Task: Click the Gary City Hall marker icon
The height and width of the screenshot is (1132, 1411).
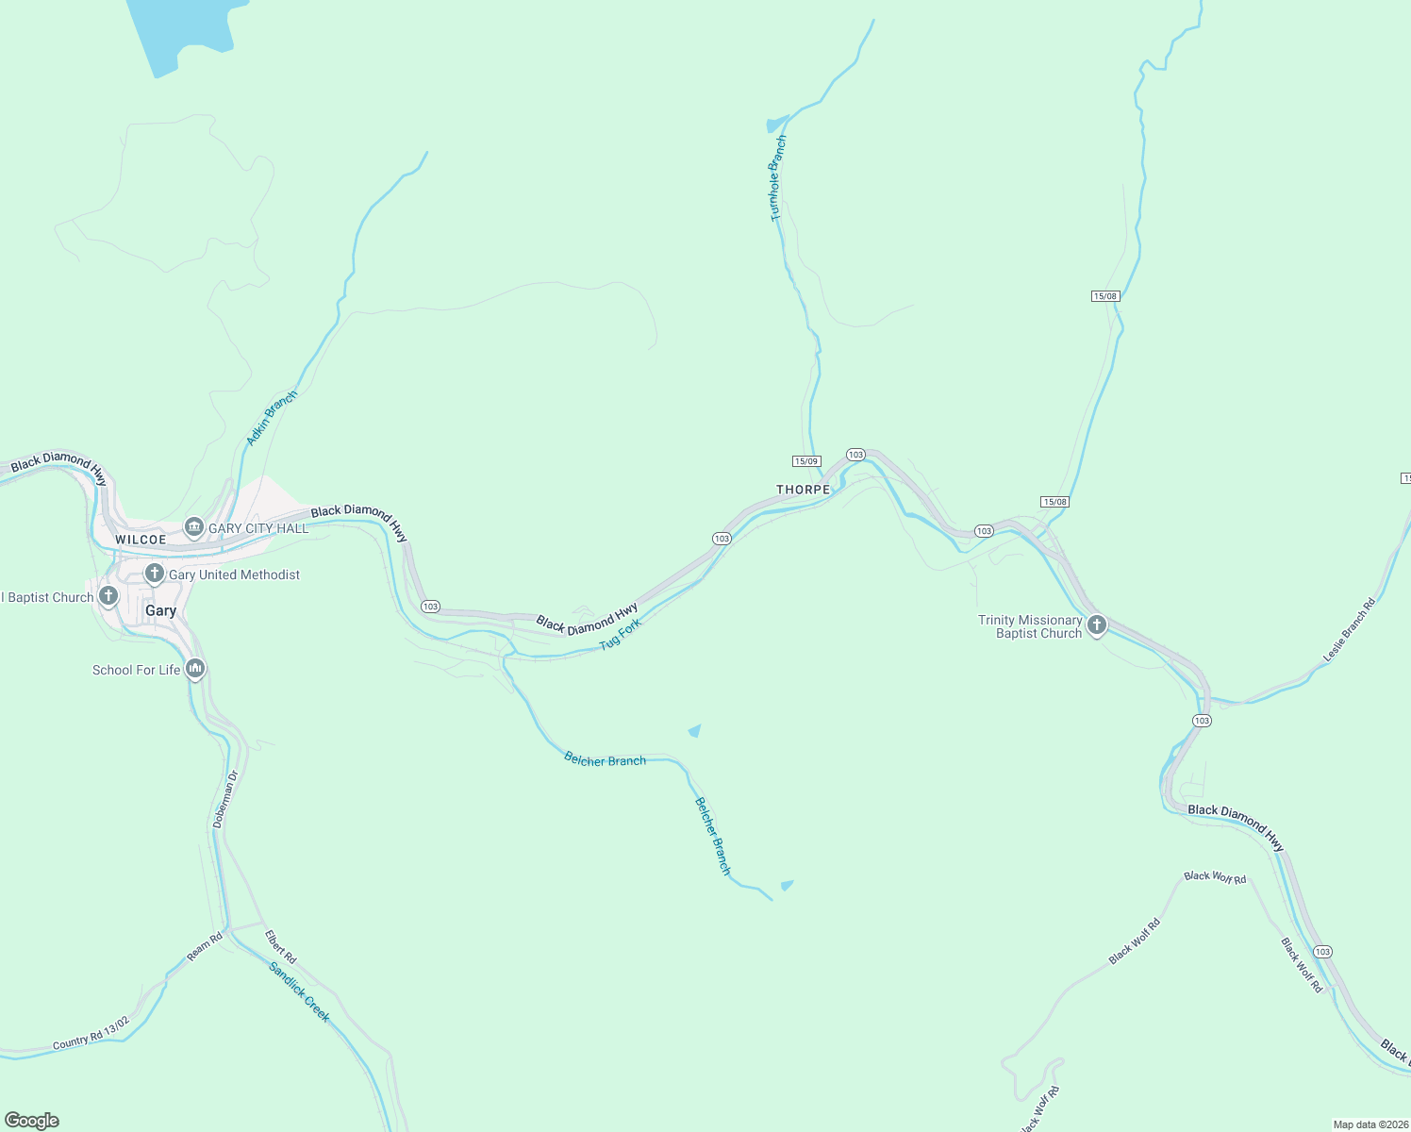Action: click(194, 527)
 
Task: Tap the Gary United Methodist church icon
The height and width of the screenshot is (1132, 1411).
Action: click(155, 574)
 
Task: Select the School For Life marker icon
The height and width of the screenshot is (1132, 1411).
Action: click(195, 669)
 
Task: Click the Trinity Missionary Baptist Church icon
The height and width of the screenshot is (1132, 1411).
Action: click(1096, 624)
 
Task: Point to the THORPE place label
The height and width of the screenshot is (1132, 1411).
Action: click(803, 490)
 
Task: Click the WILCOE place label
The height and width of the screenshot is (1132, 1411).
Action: click(141, 540)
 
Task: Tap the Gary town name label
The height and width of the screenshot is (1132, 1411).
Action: click(160, 610)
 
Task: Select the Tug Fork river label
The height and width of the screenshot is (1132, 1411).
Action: click(621, 634)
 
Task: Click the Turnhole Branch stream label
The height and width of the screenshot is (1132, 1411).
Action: click(777, 178)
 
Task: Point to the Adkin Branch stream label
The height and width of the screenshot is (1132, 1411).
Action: click(271, 418)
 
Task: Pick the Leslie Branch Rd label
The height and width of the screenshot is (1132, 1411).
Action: click(1349, 629)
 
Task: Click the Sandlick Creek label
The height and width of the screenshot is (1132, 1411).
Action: click(299, 991)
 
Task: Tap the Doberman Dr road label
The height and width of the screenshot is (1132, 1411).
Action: click(225, 799)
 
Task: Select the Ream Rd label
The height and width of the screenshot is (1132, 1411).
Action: click(204, 946)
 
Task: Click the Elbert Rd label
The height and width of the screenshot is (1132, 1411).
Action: click(280, 947)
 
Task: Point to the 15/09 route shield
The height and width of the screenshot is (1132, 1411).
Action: click(805, 461)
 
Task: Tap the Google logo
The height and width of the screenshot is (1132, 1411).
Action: click(32, 1121)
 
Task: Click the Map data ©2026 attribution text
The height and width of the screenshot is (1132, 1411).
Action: click(1370, 1124)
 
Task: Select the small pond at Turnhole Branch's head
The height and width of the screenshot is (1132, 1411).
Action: click(775, 124)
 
